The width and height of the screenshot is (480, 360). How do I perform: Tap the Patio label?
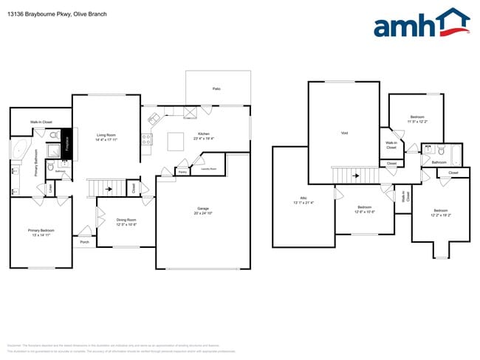216,89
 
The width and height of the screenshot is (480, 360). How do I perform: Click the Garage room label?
203,210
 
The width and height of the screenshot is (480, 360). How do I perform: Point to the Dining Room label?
126,221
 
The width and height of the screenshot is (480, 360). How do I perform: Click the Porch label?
84,242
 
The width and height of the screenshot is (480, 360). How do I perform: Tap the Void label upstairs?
344,134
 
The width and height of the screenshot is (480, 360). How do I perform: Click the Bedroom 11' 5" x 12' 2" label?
417,118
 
